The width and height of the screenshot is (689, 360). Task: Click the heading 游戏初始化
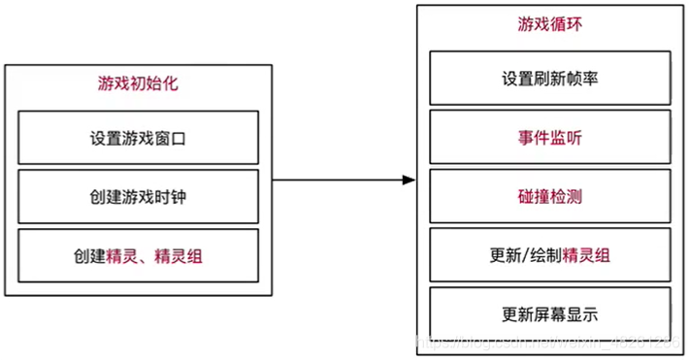(x=138, y=84)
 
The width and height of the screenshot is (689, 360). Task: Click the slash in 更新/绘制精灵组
(x=527, y=255)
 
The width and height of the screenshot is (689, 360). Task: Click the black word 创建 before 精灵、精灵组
(x=89, y=255)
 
